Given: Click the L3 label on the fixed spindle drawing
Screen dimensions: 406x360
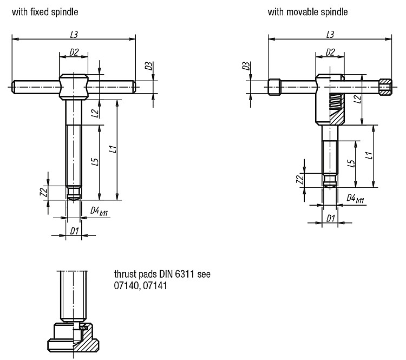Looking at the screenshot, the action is (74, 35).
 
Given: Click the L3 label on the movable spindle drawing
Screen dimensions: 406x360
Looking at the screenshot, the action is (330, 35).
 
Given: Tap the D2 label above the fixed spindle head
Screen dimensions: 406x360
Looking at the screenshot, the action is (74, 53).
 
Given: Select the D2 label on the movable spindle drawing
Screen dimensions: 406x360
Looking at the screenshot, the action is (330, 53).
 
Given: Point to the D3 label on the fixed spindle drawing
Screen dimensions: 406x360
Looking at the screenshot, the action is (148, 66).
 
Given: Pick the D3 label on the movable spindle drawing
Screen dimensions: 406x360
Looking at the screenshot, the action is (246, 66).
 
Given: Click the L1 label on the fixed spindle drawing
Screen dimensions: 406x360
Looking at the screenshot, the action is (113, 149).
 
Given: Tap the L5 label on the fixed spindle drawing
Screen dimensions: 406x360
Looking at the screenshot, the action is (95, 162).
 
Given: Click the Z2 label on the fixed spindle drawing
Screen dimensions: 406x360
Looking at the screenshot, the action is (44, 192).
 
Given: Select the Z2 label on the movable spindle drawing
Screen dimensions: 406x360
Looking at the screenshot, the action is (299, 180).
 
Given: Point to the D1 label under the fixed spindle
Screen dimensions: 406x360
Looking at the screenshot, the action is (74, 231).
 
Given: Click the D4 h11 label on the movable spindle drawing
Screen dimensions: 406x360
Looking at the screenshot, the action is (355, 199).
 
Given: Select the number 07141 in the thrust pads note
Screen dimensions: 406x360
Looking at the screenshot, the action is (155, 286).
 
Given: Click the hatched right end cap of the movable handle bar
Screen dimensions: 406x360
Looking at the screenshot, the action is (385, 87).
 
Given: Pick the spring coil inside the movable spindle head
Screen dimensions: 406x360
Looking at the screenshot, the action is (336, 101).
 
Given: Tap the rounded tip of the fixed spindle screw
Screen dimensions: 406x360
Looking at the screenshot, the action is (74, 198).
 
